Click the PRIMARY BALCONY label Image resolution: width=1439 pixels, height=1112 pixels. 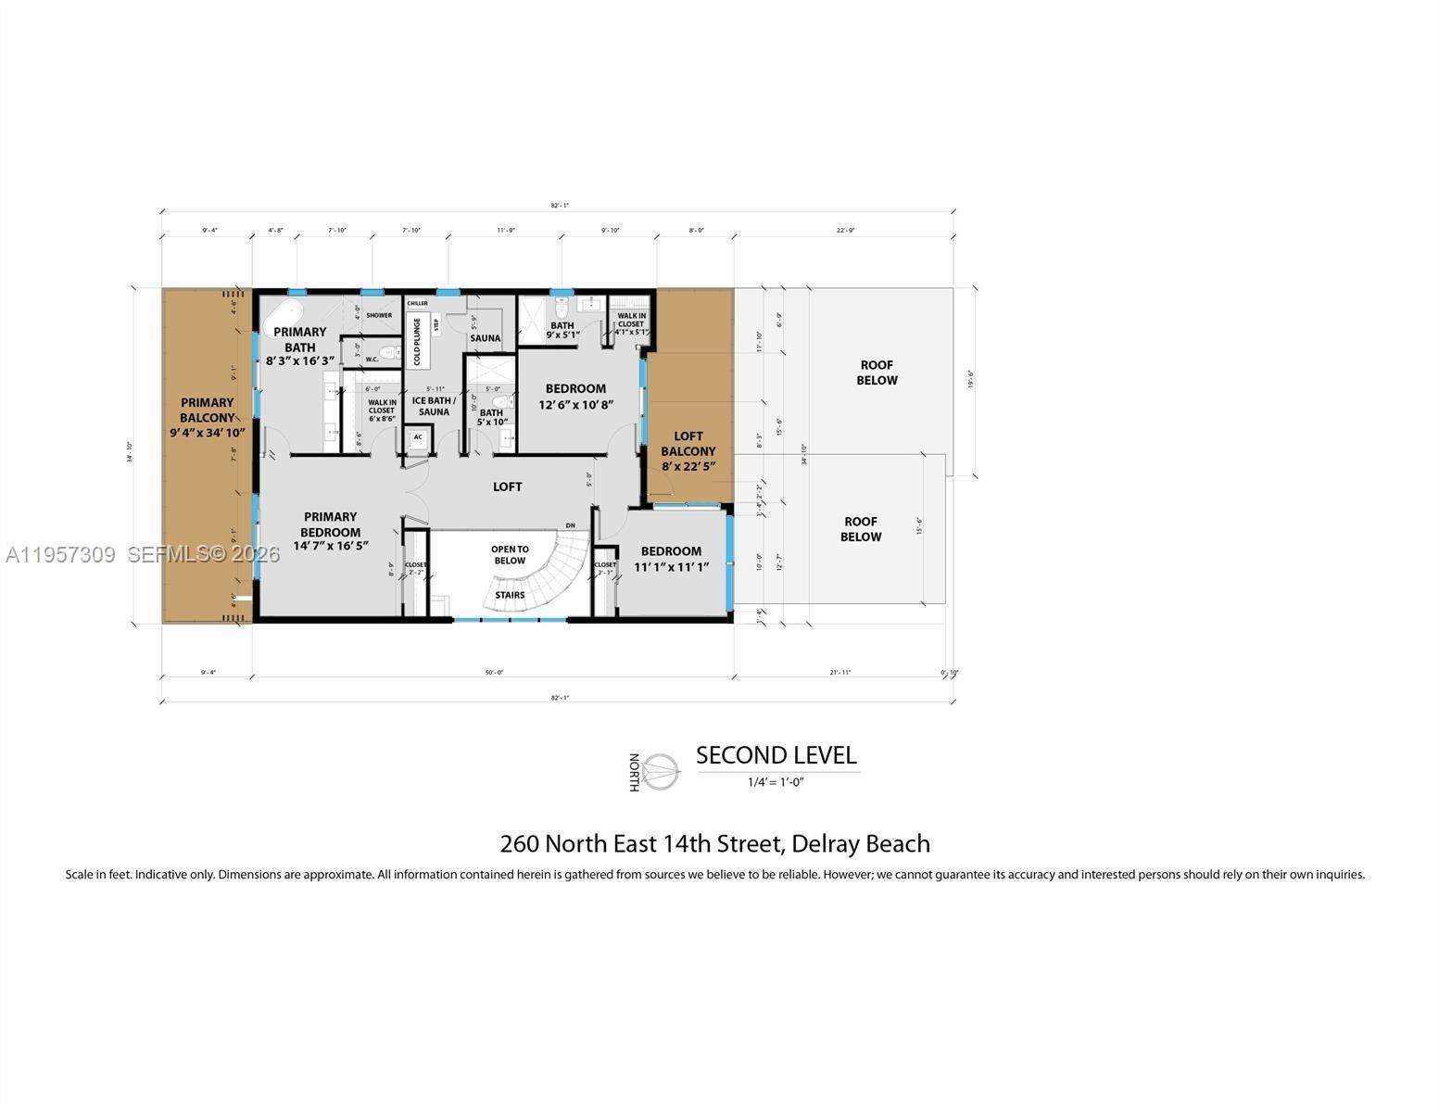point(207,417)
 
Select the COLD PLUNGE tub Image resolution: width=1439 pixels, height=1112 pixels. point(417,341)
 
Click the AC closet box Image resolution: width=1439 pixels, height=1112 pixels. point(418,437)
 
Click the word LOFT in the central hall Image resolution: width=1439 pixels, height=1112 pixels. point(507,486)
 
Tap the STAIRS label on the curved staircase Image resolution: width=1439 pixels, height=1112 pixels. point(510,595)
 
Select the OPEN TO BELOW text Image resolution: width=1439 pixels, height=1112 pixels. point(510,555)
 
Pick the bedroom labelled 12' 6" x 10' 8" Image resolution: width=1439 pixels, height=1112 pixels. point(575,397)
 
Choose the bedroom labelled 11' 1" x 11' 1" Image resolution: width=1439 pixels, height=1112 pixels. point(671,559)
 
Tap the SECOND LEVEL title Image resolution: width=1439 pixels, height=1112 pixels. point(776,755)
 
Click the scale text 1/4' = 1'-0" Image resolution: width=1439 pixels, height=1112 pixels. point(776,782)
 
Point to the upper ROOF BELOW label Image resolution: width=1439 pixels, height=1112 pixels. point(877,373)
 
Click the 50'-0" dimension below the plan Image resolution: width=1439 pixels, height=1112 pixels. point(493,673)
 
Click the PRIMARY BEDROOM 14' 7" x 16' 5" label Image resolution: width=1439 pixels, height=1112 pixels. point(330,531)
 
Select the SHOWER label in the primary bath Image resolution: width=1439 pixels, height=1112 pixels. point(378,315)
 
